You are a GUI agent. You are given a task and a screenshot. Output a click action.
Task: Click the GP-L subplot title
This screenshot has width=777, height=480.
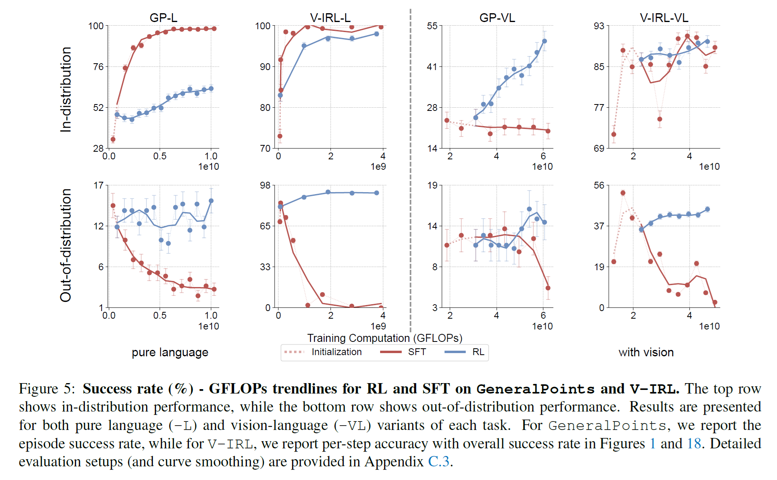tap(163, 18)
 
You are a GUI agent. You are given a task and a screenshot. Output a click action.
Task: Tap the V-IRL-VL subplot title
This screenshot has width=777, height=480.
tap(664, 18)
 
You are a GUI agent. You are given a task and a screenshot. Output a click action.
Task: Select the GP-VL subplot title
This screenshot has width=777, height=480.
tap(497, 18)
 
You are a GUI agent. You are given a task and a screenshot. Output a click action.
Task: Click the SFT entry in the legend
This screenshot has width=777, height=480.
tap(417, 352)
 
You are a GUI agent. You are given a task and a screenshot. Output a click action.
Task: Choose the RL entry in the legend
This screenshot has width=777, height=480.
tap(478, 352)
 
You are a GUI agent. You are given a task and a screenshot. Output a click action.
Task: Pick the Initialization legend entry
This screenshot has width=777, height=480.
tap(336, 352)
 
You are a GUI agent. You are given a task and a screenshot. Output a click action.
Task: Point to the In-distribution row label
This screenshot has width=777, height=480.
tap(66, 89)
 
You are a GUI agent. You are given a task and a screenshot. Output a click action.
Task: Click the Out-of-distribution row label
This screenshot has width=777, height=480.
tap(66, 245)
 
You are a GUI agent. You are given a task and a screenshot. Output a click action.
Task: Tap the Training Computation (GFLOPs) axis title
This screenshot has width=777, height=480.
tap(384, 338)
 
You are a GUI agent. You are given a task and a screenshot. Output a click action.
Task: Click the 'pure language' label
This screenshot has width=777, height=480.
tap(170, 352)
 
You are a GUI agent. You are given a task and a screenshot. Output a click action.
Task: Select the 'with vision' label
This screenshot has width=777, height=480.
tap(646, 352)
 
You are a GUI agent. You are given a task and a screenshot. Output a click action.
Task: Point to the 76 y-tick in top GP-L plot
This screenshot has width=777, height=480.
tap(98, 67)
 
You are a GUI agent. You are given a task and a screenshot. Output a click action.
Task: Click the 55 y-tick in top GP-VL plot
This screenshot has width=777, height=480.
tap(432, 26)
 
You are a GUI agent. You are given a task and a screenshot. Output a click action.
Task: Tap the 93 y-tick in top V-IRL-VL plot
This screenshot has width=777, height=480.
tap(599, 26)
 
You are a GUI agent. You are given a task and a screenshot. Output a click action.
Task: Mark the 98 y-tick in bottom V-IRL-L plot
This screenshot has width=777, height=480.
tap(265, 185)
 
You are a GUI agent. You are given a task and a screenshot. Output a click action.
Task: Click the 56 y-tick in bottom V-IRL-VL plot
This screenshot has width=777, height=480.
tap(599, 185)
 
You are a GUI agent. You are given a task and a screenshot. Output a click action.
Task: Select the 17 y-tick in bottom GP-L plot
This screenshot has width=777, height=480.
tap(98, 185)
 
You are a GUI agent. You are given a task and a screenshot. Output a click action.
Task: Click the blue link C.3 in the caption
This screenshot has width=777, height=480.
tap(439, 462)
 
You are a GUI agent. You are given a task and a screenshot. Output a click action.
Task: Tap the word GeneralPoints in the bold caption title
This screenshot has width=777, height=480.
tap(535, 389)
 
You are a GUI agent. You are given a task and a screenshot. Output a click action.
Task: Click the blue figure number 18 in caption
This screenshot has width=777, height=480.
tap(694, 444)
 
